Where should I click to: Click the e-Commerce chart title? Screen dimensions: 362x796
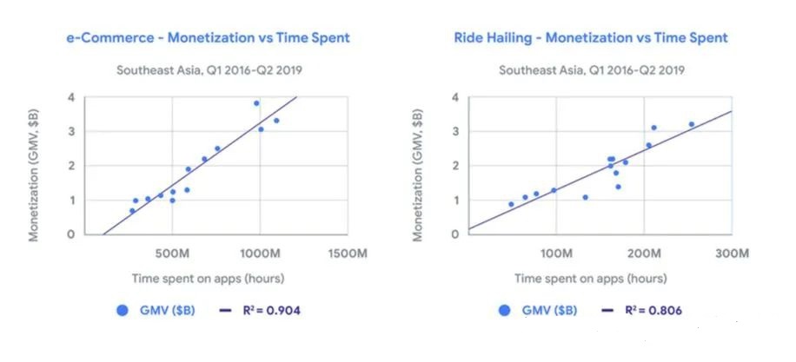pos(208,38)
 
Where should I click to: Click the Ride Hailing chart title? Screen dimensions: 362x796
pos(591,38)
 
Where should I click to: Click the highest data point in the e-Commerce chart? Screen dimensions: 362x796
pos(256,103)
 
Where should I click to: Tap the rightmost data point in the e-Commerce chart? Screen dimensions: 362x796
pos(276,121)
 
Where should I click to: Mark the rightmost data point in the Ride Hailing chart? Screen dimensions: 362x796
pos(692,124)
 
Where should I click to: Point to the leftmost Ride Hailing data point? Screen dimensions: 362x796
pos(511,205)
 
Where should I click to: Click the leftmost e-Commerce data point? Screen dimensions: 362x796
pos(132,211)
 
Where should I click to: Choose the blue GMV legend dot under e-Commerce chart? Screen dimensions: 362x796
pos(123,310)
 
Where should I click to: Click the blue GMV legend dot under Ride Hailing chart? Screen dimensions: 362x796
pos(505,310)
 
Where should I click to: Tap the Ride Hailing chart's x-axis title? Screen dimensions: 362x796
pos(590,279)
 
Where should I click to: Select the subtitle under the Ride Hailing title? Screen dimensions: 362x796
pos(590,70)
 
